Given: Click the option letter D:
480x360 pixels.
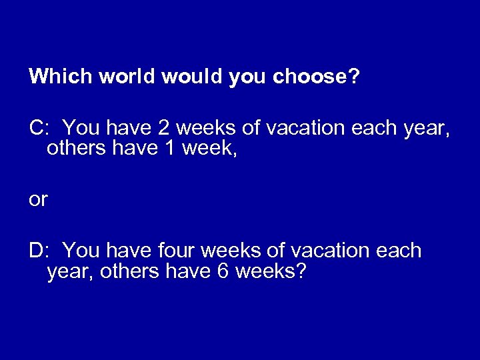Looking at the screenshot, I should point(38,251).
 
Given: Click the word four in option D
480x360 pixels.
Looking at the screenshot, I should point(177,251).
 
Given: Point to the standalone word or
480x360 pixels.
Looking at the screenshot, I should point(38,200).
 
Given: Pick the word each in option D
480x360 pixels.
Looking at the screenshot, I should point(399,251).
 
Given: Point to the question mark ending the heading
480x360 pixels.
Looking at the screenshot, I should point(355,77).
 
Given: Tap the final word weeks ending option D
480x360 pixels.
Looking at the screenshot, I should point(261,273).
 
